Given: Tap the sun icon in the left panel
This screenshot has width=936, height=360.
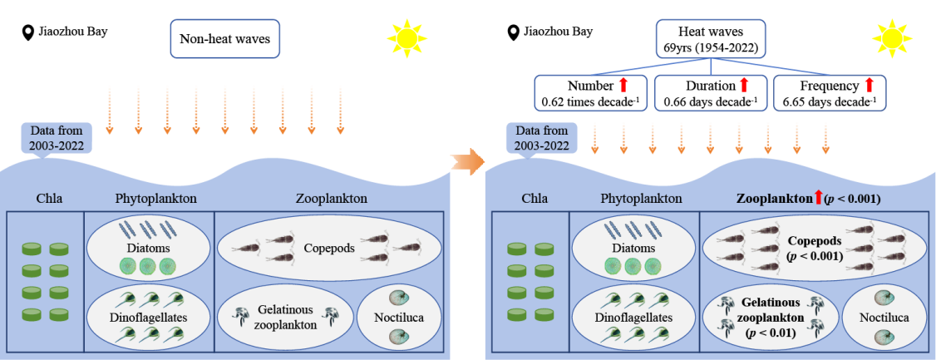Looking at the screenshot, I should click(407, 37).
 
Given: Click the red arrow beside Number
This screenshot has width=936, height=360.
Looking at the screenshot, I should click(623, 85).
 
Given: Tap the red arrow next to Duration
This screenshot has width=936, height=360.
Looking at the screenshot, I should click(744, 85).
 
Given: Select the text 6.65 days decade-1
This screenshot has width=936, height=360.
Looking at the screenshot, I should click(828, 102).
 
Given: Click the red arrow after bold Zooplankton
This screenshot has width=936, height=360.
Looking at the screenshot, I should click(818, 199).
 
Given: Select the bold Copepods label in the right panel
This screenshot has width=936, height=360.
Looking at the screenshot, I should click(815, 240).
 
